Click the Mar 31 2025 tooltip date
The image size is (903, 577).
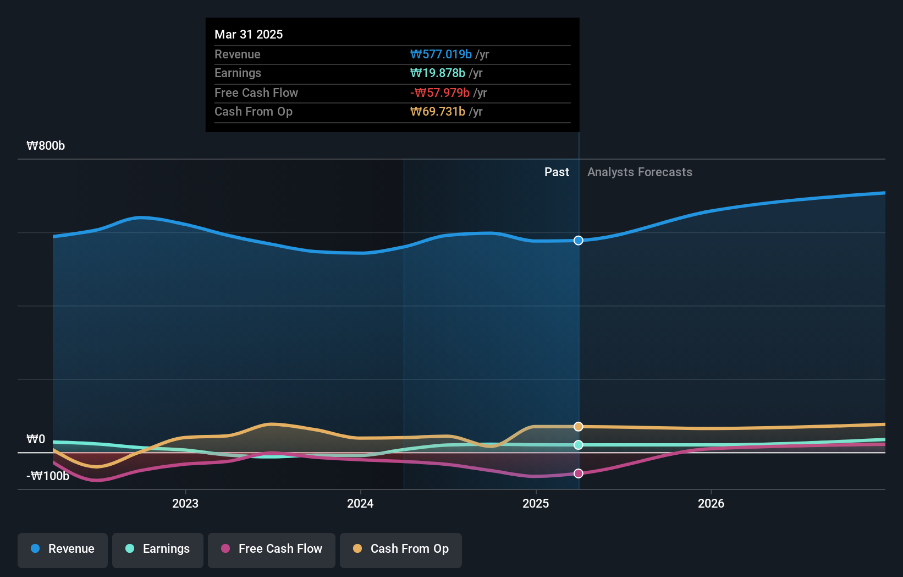pos(249,34)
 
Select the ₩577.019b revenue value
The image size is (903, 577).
pos(441,54)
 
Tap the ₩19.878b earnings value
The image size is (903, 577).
pos(438,73)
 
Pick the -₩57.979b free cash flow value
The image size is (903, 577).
pos(440,92)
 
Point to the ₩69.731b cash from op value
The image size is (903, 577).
pos(438,111)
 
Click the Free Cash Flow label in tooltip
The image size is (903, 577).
pos(256,92)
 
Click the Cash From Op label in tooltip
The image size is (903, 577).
pos(254,111)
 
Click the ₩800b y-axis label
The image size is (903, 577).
pos(46,145)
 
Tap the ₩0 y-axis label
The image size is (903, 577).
pos(36,439)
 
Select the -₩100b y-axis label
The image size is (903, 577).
pos(48,476)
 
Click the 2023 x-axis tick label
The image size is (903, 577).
pos(185,503)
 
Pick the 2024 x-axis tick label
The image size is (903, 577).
pos(360,503)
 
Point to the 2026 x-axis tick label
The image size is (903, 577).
pos(711,503)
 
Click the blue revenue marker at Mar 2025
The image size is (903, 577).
pos(579,240)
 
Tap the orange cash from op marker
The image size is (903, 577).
pos(579,427)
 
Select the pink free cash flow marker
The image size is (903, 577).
pos(579,473)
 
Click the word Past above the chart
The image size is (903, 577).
pos(557,172)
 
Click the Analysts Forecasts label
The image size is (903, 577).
pos(640,172)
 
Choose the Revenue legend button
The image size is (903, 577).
pos(63,549)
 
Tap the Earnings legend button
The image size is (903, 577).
pos(158,549)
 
